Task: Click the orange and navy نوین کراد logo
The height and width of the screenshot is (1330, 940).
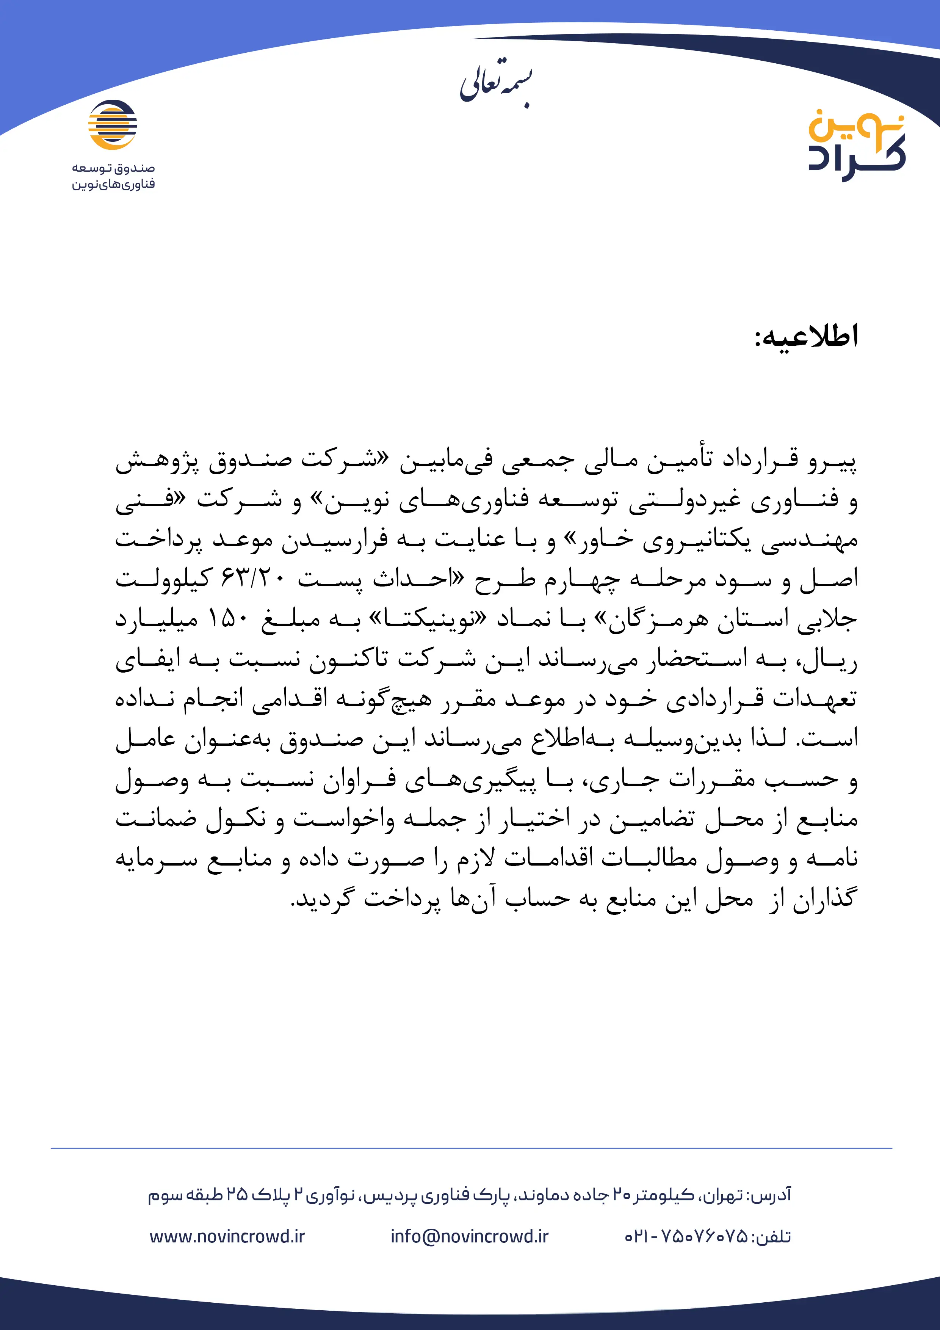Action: [857, 145]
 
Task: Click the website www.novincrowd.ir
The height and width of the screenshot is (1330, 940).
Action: [227, 1237]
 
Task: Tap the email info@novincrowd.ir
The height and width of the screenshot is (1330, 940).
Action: [469, 1237]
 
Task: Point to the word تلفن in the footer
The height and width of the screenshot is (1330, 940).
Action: [775, 1237]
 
